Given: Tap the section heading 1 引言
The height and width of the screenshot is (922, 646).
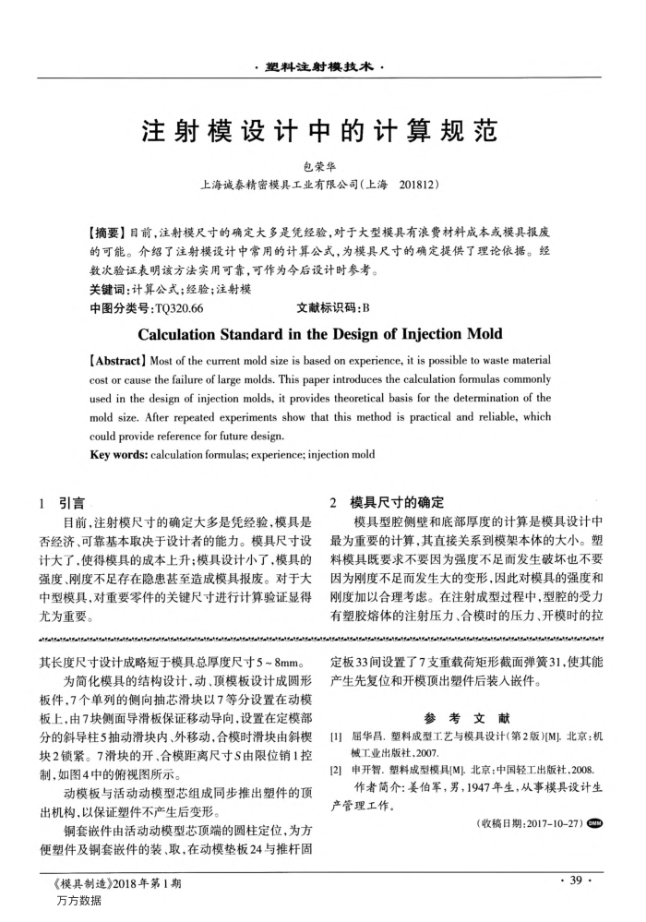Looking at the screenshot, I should coord(61,503).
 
